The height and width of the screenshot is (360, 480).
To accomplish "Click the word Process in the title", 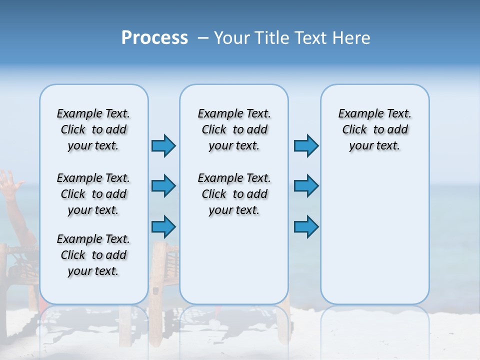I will [x=154, y=38].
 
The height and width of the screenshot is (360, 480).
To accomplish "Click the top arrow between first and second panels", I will [x=163, y=145].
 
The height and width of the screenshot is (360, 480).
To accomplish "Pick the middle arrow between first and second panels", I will [x=163, y=186].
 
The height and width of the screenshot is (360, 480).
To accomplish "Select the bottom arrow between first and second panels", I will [x=163, y=226].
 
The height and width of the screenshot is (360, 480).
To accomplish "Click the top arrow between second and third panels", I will [x=306, y=145].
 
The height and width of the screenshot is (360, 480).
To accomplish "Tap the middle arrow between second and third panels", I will [x=306, y=186].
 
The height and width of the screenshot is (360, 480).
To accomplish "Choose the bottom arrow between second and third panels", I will [x=306, y=226].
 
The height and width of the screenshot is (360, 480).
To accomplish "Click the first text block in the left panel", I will [x=93, y=129].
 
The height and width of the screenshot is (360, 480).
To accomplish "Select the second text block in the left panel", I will [x=93, y=194].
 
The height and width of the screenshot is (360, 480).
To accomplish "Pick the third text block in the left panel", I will [x=93, y=255].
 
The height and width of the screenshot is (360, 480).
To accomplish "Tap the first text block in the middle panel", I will [x=234, y=129].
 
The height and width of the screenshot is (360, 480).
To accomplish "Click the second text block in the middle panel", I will [x=234, y=194].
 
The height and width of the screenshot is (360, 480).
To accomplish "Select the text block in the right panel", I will [x=374, y=129].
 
